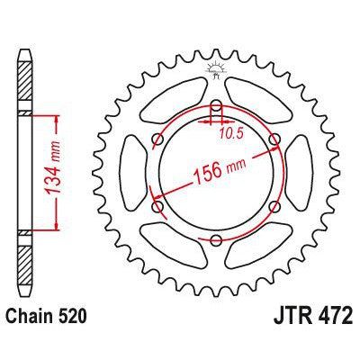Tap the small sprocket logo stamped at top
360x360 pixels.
click(216, 68)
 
